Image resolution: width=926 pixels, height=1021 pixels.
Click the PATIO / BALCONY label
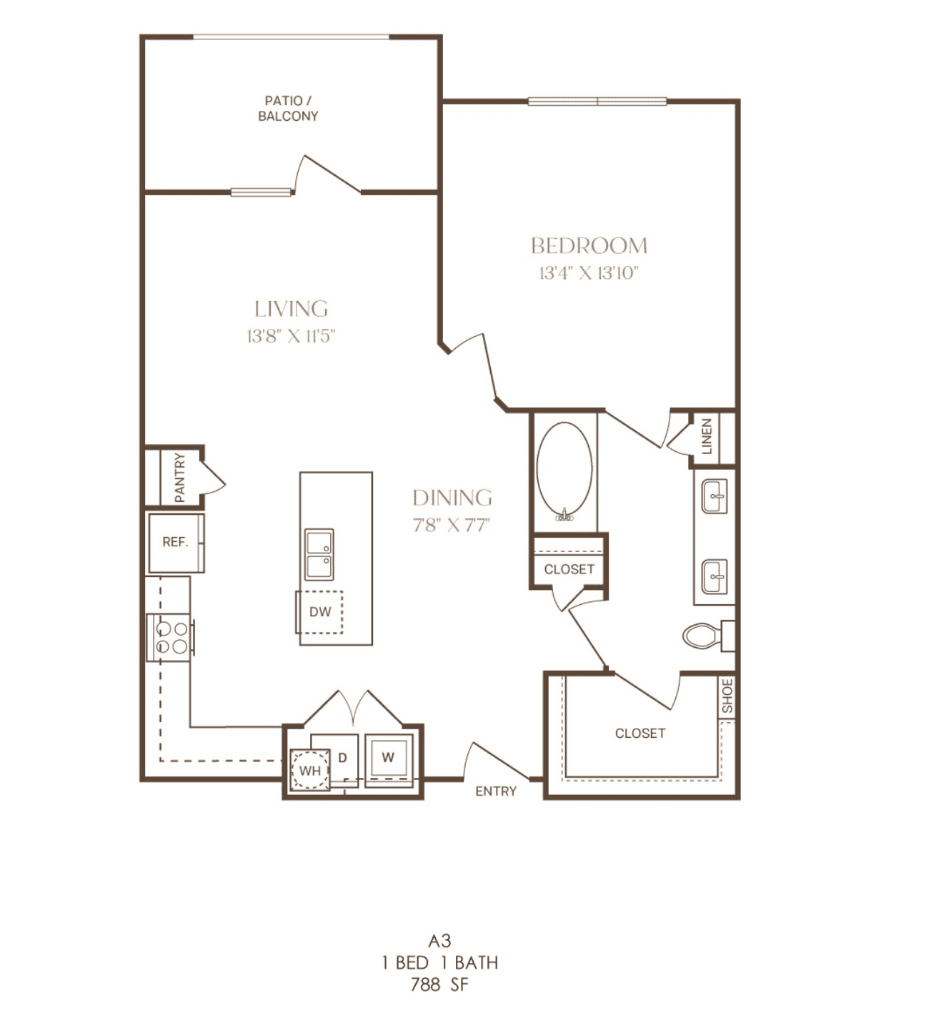[x=288, y=109]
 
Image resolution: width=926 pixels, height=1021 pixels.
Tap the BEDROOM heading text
[x=589, y=246]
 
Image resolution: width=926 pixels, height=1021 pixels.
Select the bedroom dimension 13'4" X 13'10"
[x=589, y=273]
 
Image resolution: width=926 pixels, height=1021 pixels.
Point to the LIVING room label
[x=291, y=309]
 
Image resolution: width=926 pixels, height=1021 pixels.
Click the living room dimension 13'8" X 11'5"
[x=291, y=337]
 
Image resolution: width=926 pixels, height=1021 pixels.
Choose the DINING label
[x=452, y=498]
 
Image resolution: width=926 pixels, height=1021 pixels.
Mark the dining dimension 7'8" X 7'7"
[x=452, y=525]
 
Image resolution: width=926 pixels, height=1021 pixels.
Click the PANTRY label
[x=179, y=478]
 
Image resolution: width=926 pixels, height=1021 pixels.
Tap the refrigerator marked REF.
[x=176, y=543]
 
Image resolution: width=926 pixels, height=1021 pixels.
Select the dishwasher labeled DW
[x=319, y=612]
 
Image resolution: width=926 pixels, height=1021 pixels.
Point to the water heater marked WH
[x=309, y=771]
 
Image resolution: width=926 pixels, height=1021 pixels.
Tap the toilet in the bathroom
[x=708, y=636]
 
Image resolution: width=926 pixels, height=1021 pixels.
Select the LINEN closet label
[x=707, y=437]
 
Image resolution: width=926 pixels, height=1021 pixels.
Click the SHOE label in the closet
[x=727, y=696]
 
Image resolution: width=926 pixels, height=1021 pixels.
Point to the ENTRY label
[x=496, y=791]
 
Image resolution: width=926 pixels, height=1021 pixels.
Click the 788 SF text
[x=439, y=985]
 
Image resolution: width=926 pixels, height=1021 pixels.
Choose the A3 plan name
[x=439, y=941]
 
